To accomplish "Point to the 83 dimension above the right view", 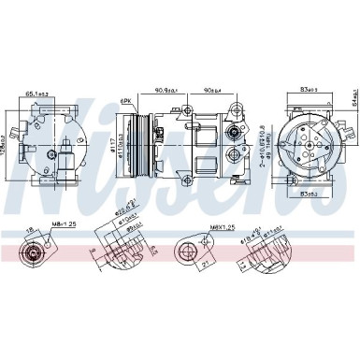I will (x=310, y=88).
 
